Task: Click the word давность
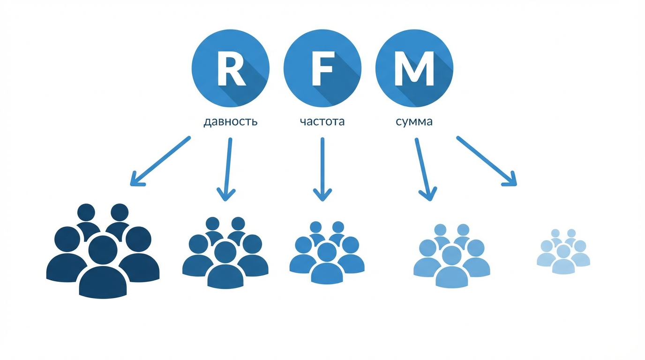click(230, 122)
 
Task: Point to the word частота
click(322, 122)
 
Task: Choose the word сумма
click(414, 122)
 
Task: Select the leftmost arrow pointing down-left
click(160, 161)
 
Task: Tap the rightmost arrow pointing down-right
click(487, 161)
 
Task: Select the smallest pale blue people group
click(563, 251)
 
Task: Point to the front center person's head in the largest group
click(103, 250)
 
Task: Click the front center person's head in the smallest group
click(563, 252)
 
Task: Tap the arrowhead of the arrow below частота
click(322, 195)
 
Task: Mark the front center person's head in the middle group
click(327, 252)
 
